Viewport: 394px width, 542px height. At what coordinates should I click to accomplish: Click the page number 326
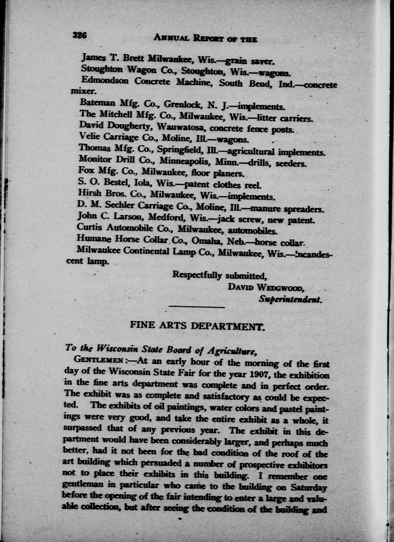pyautogui.click(x=79, y=35)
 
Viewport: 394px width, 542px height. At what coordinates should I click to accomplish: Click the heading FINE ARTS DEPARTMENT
pyautogui.click(x=197, y=326)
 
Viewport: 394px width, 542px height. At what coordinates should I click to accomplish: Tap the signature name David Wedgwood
pyautogui.click(x=266, y=287)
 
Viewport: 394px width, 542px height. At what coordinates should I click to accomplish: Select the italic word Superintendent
pyautogui.click(x=291, y=299)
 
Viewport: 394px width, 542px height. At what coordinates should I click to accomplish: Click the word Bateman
pyautogui.click(x=98, y=103)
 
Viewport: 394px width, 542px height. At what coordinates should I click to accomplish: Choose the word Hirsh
pyautogui.click(x=90, y=193)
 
